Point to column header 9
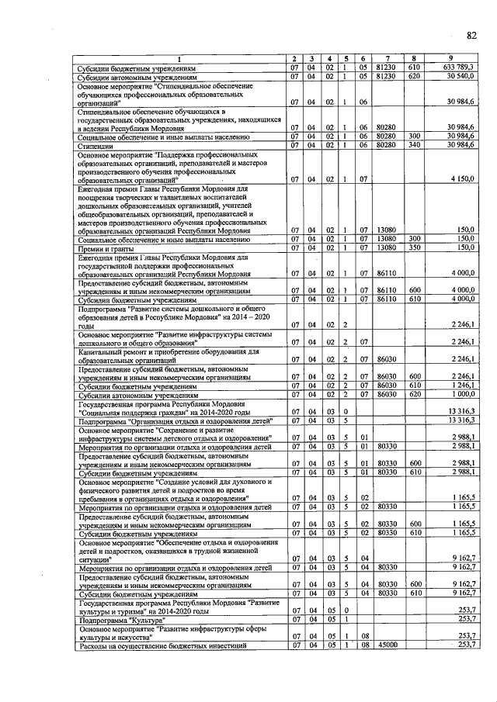pyautogui.click(x=450, y=59)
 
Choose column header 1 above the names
pyautogui.click(x=179, y=59)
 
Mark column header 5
pyautogui.click(x=344, y=59)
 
